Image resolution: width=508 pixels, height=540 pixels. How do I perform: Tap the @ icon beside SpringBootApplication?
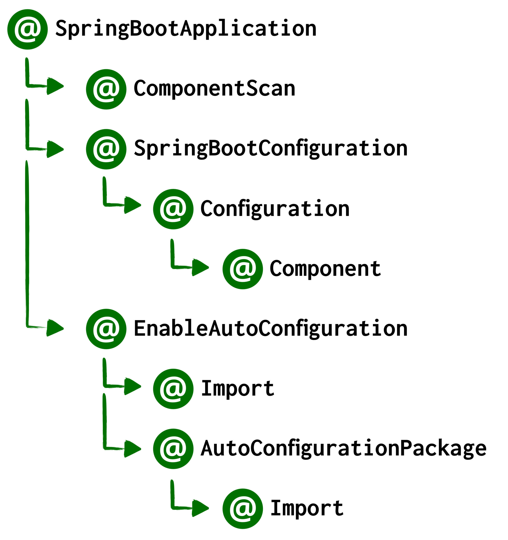[x=27, y=29]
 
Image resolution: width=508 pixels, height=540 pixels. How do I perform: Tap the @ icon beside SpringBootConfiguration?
[x=106, y=149]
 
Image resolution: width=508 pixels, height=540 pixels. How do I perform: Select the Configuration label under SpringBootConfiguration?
[x=275, y=209]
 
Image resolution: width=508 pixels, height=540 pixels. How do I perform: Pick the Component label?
[x=325, y=269]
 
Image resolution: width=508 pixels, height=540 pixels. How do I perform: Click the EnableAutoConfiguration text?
[x=271, y=329]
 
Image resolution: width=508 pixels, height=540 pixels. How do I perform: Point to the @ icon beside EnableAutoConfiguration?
[x=106, y=329]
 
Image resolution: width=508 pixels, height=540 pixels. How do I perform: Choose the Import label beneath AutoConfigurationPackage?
[x=307, y=509]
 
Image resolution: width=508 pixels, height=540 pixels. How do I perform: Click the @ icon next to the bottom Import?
[x=242, y=509]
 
